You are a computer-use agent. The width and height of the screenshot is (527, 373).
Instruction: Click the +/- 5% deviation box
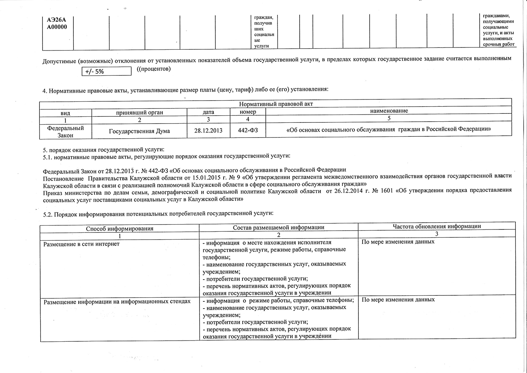tap(107, 71)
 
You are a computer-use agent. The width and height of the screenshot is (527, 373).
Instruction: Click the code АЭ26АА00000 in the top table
tap(57, 24)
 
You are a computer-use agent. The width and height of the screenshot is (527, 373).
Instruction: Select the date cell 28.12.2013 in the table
tap(208, 131)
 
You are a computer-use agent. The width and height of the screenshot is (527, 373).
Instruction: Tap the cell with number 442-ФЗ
tap(248, 131)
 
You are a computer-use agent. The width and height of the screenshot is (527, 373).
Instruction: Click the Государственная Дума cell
tap(139, 131)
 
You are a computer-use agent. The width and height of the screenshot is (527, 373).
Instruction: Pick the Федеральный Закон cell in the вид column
tap(65, 131)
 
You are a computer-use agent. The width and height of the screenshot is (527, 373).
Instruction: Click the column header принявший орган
tap(139, 112)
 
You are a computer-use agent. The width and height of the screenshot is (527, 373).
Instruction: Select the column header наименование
tap(389, 111)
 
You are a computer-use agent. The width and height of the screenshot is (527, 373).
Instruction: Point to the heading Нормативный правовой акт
tap(276, 104)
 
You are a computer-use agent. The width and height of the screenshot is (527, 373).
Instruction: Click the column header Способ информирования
tap(120, 228)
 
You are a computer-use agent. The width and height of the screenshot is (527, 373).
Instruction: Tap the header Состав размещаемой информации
tap(279, 227)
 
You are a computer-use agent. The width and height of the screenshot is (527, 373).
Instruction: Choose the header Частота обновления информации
tap(437, 226)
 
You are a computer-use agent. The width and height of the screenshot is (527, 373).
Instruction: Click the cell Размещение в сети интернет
tap(82, 244)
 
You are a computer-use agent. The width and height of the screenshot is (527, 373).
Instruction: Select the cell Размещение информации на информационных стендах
tap(117, 302)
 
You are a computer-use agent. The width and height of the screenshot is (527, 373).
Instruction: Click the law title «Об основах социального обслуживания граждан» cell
tap(388, 129)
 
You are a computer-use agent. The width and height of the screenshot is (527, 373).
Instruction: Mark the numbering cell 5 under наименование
tap(389, 118)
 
